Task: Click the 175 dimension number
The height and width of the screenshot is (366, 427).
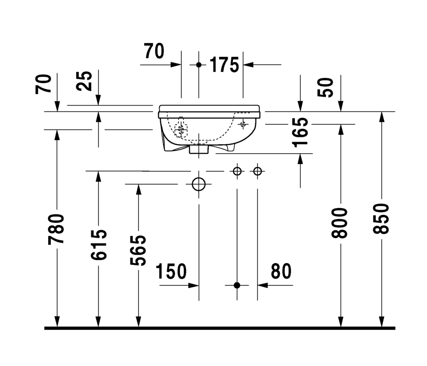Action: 224,65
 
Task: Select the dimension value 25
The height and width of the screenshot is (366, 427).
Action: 84,81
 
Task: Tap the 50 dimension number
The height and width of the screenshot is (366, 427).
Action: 325,87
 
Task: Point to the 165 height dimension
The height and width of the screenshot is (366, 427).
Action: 300,132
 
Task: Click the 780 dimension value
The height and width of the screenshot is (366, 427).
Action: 56,229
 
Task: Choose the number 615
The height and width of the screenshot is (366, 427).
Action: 99,245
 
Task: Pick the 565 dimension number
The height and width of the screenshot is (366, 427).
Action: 138,250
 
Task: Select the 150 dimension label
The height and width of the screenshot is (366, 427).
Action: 171,271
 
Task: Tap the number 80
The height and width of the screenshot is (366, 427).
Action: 281,271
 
